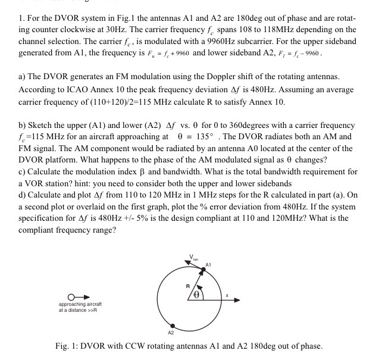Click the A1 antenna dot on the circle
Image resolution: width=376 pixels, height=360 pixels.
click(203, 269)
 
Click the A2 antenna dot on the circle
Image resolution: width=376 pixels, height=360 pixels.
click(173, 325)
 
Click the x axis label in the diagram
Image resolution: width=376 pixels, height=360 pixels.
click(227, 294)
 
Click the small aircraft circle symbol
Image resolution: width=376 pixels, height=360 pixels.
click(72, 296)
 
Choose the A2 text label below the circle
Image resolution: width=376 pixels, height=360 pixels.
click(171, 333)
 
